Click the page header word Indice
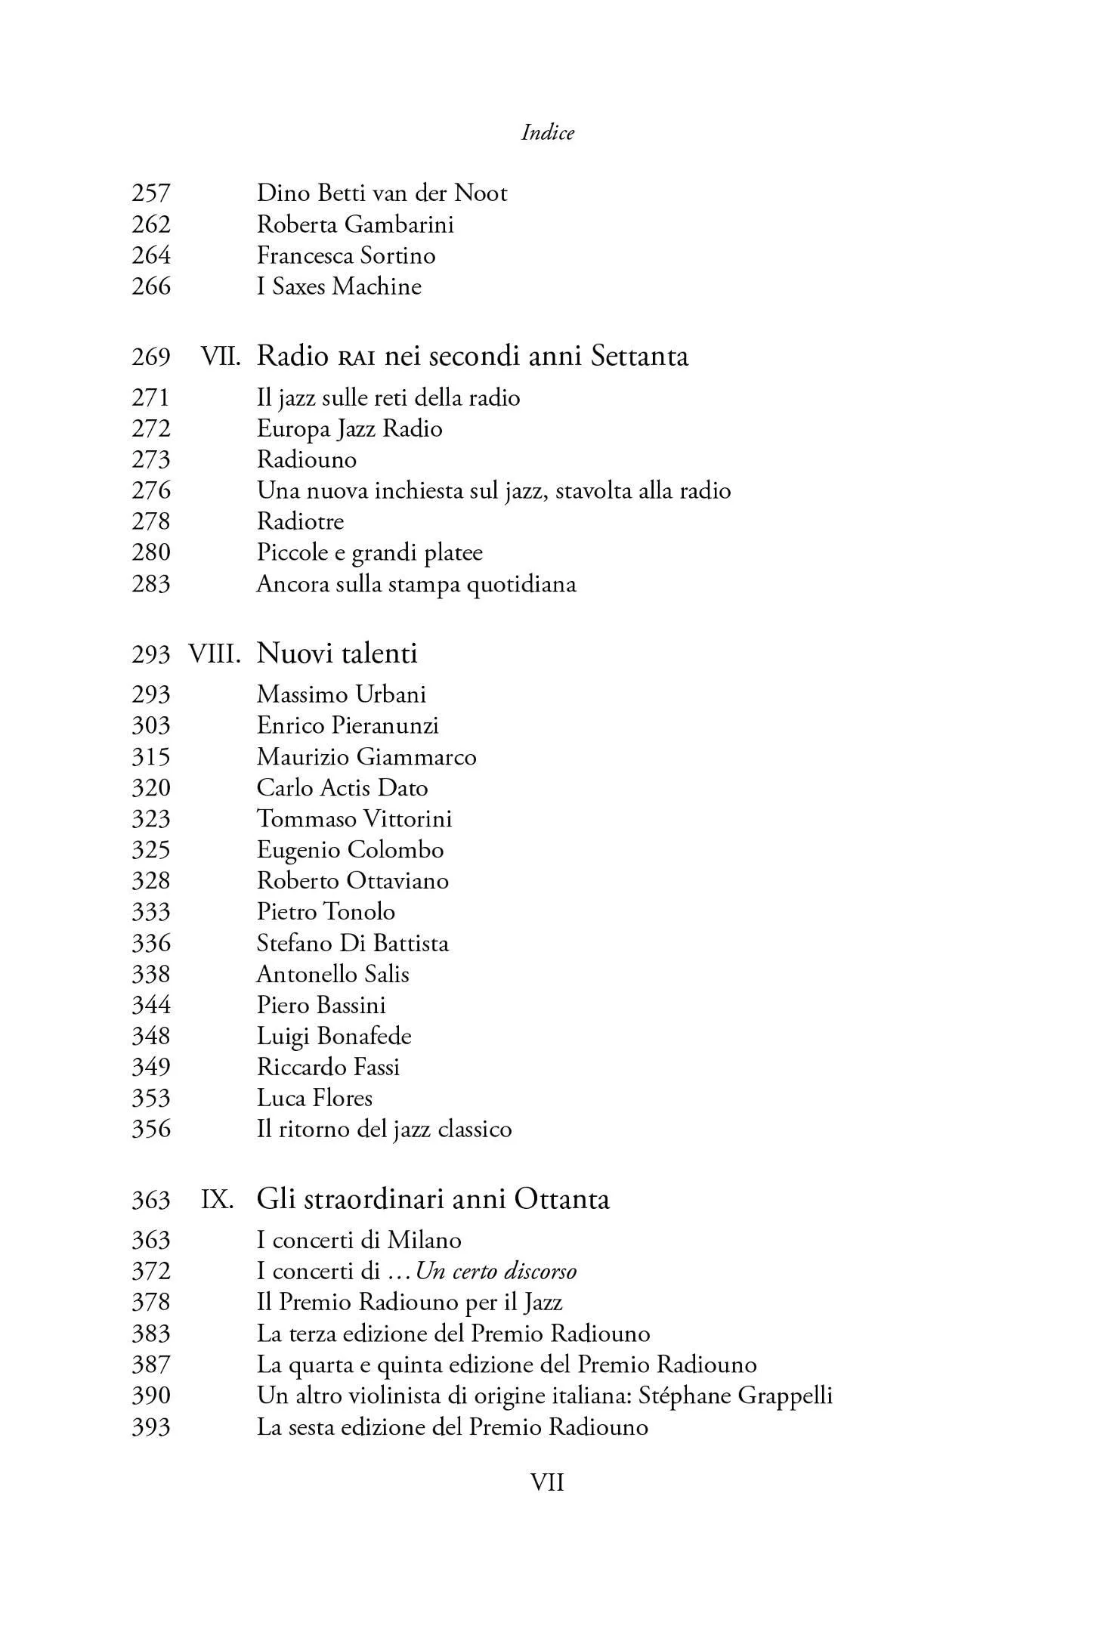pyautogui.click(x=548, y=133)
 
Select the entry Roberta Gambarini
pyautogui.click(x=354, y=224)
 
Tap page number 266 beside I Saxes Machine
pyautogui.click(x=151, y=286)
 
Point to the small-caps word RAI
pyautogui.click(x=356, y=357)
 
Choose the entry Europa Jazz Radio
pyautogui.click(x=349, y=429)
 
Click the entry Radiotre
pyautogui.click(x=300, y=521)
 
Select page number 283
pyautogui.click(x=151, y=584)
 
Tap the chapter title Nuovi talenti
pyautogui.click(x=337, y=654)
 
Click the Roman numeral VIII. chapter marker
pyautogui.click(x=215, y=654)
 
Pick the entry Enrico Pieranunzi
pyautogui.click(x=348, y=726)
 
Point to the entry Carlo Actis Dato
pyautogui.click(x=342, y=788)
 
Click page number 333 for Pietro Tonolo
pyautogui.click(x=151, y=912)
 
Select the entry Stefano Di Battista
pyautogui.click(x=352, y=944)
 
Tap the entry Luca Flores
pyautogui.click(x=314, y=1099)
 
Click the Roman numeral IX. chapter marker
pyautogui.click(x=218, y=1200)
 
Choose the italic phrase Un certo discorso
pyautogui.click(x=496, y=1272)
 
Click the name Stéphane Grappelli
pyautogui.click(x=735, y=1396)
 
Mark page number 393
pyautogui.click(x=151, y=1427)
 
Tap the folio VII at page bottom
pyautogui.click(x=548, y=1483)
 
